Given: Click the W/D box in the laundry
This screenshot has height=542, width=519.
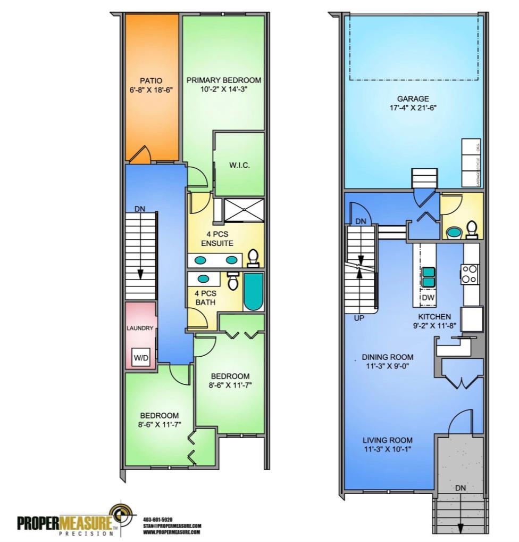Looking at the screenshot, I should click(x=141, y=358).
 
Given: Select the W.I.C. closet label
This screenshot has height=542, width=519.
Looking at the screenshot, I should click(x=239, y=165).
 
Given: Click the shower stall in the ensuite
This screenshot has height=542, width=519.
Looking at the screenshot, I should click(x=243, y=209).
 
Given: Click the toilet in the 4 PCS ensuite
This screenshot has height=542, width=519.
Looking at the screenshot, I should click(x=254, y=258).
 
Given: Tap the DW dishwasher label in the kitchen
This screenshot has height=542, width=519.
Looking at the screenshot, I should click(x=428, y=297).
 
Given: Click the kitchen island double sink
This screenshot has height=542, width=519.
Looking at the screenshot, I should click(x=428, y=276).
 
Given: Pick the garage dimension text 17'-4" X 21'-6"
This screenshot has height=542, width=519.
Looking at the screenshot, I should click(x=413, y=107).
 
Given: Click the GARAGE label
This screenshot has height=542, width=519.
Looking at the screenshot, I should click(x=413, y=98).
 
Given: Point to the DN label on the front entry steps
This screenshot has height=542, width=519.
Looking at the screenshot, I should click(x=461, y=488).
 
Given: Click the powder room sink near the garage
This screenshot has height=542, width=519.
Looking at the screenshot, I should click(x=454, y=232).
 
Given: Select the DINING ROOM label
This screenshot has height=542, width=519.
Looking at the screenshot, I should click(x=387, y=357).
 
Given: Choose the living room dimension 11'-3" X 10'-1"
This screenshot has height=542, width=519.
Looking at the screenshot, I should click(x=387, y=449).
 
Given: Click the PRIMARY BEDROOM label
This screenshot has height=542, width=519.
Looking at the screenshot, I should click(x=223, y=80).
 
